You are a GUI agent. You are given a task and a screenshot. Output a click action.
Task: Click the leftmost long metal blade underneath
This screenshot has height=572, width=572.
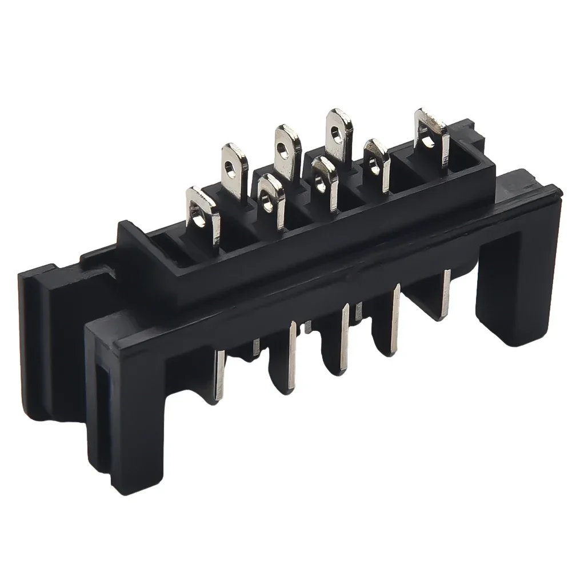(x=219, y=374)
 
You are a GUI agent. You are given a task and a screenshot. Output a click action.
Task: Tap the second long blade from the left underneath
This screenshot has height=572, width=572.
(x=293, y=354)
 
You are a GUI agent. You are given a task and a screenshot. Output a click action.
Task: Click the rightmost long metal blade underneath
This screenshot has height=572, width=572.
(x=446, y=291)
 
